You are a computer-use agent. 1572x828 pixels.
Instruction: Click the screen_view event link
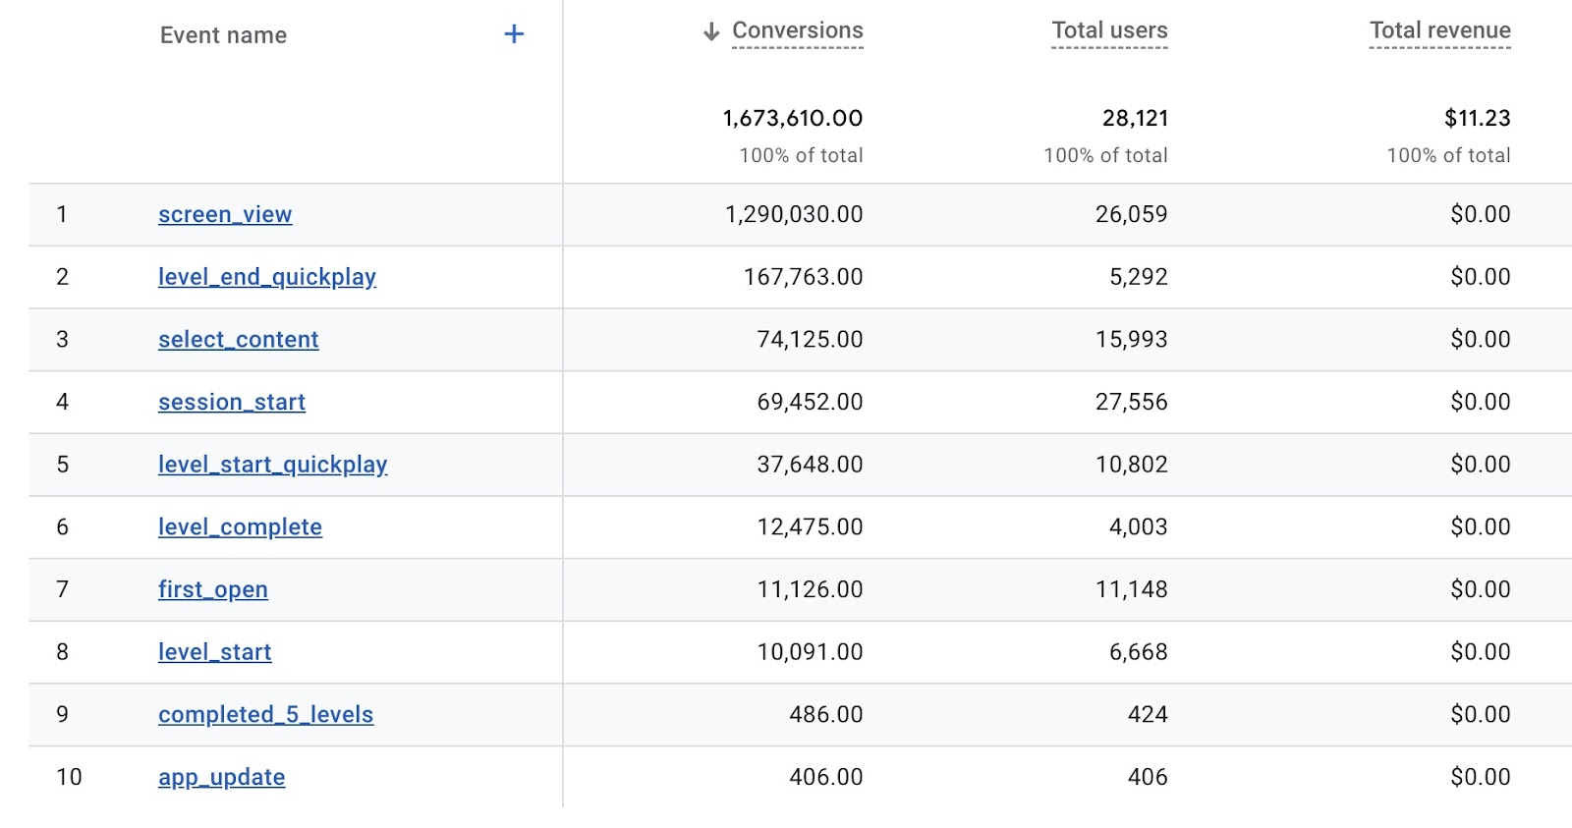tap(225, 214)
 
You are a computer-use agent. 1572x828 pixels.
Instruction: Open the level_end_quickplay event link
tap(267, 277)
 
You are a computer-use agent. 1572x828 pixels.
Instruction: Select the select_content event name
tap(239, 340)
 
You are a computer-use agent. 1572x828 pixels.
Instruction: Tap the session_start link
tap(232, 402)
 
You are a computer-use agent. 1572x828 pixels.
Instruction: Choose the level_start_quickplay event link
tap(273, 465)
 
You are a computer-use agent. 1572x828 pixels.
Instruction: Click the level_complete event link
tap(240, 527)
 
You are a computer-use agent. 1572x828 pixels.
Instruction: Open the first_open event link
tap(213, 589)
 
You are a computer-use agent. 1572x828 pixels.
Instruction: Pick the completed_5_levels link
tap(266, 715)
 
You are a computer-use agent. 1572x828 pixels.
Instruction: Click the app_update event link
tap(222, 777)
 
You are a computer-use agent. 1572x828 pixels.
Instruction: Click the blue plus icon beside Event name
tap(514, 34)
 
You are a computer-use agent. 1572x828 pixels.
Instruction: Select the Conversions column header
tap(798, 30)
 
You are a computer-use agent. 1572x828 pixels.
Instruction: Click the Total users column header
tap(1109, 30)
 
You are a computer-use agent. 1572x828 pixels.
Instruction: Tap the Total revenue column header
tap(1439, 30)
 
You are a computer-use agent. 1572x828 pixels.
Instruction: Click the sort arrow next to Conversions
tap(711, 32)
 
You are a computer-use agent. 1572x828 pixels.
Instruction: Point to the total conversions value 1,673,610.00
tap(793, 119)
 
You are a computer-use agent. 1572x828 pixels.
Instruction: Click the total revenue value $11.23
tap(1477, 119)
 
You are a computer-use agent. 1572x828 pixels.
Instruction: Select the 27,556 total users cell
tap(1132, 402)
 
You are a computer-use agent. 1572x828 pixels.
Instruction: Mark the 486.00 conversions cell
tap(825, 715)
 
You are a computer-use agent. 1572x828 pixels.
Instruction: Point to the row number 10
tap(69, 777)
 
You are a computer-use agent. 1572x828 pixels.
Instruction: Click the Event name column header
tap(223, 35)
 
